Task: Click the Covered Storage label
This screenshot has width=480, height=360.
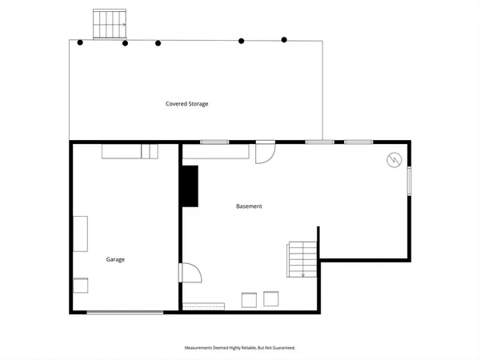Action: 187,104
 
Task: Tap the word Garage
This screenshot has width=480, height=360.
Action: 115,259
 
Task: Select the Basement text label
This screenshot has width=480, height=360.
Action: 249,206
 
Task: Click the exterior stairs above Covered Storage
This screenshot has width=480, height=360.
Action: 110,23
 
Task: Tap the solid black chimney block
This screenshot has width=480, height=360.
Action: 190,186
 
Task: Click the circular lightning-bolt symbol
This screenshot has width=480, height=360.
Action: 393,159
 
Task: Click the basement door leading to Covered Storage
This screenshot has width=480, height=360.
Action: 265,152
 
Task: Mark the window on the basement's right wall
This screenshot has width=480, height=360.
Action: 410,181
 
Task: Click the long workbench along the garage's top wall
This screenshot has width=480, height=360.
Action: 129,152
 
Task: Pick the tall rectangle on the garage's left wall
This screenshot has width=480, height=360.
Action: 81,233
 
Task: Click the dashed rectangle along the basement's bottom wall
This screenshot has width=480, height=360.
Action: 205,305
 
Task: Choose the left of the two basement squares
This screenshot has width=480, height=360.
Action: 248,300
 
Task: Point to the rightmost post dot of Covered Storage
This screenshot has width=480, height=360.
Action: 284,39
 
